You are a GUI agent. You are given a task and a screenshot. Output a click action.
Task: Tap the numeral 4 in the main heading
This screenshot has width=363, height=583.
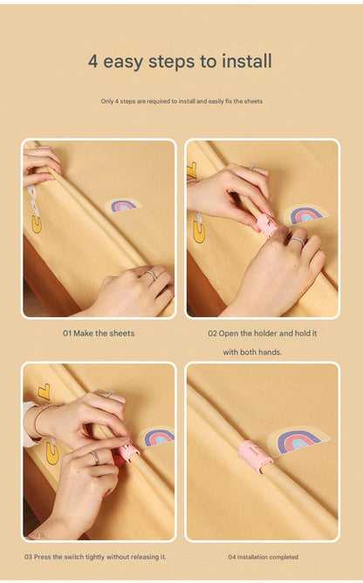92,62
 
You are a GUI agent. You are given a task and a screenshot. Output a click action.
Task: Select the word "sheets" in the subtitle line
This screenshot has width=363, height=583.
253,101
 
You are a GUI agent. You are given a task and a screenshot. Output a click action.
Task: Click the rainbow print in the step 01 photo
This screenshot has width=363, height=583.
123,206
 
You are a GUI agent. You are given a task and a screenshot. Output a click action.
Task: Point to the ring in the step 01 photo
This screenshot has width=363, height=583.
150,275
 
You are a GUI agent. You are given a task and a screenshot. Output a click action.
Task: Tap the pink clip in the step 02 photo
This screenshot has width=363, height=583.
266,224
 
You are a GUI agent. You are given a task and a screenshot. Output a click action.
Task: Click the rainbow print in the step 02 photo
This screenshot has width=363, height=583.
305,214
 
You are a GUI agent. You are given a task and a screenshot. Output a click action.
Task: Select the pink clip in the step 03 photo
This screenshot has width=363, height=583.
129,451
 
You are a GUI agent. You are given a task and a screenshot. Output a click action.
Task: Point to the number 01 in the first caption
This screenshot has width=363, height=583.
67,334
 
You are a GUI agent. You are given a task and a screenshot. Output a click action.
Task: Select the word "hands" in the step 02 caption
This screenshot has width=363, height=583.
271,352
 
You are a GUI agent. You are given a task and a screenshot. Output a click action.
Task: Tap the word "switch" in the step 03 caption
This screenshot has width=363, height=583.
74,557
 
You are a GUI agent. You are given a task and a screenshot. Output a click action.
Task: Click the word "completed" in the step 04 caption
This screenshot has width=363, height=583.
284,557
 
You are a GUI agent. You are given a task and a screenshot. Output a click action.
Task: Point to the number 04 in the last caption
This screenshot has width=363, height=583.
232,557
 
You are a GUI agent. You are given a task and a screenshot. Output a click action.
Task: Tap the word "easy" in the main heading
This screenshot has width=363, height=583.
123,63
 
